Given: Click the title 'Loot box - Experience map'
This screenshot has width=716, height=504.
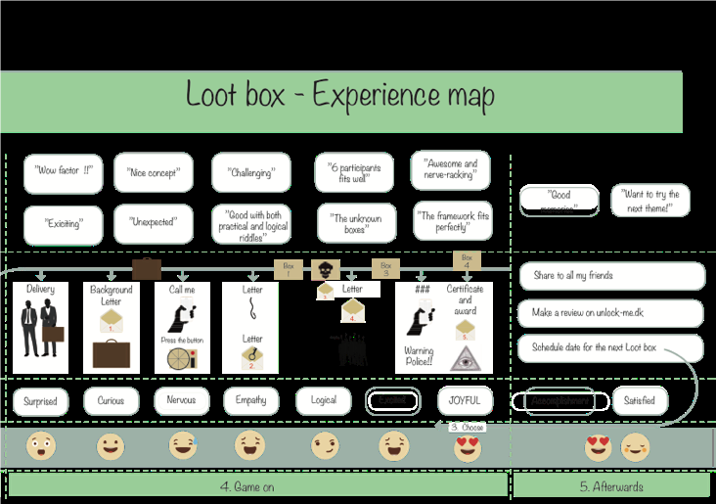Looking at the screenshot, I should pos(340,96).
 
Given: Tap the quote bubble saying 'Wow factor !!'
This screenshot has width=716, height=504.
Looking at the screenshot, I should pos(63,172).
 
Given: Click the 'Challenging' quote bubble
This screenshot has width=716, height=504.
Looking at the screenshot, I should pos(251,172).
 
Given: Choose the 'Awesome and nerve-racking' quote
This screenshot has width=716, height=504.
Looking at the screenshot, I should pos(450,170).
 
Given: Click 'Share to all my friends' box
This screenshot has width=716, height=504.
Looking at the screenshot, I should pos(610,276).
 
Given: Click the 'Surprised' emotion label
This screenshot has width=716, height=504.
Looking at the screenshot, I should pos(40,401).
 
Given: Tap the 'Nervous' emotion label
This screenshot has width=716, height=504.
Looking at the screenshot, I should pos(182,401).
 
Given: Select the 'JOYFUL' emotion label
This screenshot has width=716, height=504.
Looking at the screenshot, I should pos(466,401).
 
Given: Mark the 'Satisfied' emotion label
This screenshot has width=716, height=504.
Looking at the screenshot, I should pos(640,401).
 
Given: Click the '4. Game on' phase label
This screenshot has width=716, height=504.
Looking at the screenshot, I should pos(258,485).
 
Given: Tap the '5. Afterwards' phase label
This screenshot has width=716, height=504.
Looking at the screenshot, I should pos(611,485).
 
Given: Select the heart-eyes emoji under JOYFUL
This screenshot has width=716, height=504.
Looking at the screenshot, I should pos(468,448).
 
